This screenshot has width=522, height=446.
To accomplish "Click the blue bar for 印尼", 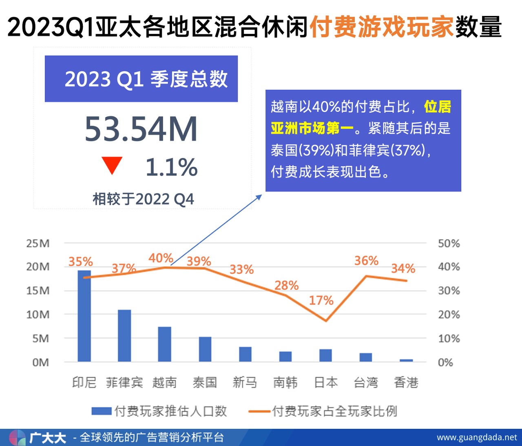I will pyautogui.click(x=84, y=316).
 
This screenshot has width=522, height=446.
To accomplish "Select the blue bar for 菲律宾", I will pyautogui.click(x=124, y=335).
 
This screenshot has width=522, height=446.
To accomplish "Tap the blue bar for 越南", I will pyautogui.click(x=164, y=344).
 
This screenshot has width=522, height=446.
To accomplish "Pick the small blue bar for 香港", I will pyautogui.click(x=406, y=360).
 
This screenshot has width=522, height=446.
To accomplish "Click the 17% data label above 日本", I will pyautogui.click(x=321, y=301).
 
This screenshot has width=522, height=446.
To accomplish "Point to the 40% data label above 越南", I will pyautogui.click(x=161, y=258).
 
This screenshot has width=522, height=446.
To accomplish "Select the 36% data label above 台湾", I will pyautogui.click(x=366, y=261).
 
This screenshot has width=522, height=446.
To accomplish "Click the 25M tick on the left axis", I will pyautogui.click(x=38, y=244).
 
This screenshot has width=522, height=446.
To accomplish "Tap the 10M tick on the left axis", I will pyautogui.click(x=38, y=315).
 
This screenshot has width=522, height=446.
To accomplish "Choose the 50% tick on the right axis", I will pyautogui.click(x=449, y=244).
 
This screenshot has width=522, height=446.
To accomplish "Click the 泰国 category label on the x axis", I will pyautogui.click(x=205, y=382).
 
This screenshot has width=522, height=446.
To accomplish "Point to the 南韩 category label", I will pyautogui.click(x=285, y=382).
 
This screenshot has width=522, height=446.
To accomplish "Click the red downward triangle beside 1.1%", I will pyautogui.click(x=112, y=165).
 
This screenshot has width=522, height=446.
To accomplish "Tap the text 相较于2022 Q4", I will pyautogui.click(x=143, y=199).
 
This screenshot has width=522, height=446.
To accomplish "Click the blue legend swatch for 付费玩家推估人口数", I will pyautogui.click(x=101, y=411).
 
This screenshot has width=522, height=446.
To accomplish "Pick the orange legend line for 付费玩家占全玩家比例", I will pyautogui.click(x=259, y=411).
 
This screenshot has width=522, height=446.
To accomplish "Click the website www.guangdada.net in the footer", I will pyautogui.click(x=477, y=437).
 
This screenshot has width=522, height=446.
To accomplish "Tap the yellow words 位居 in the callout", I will pyautogui.click(x=438, y=107).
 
